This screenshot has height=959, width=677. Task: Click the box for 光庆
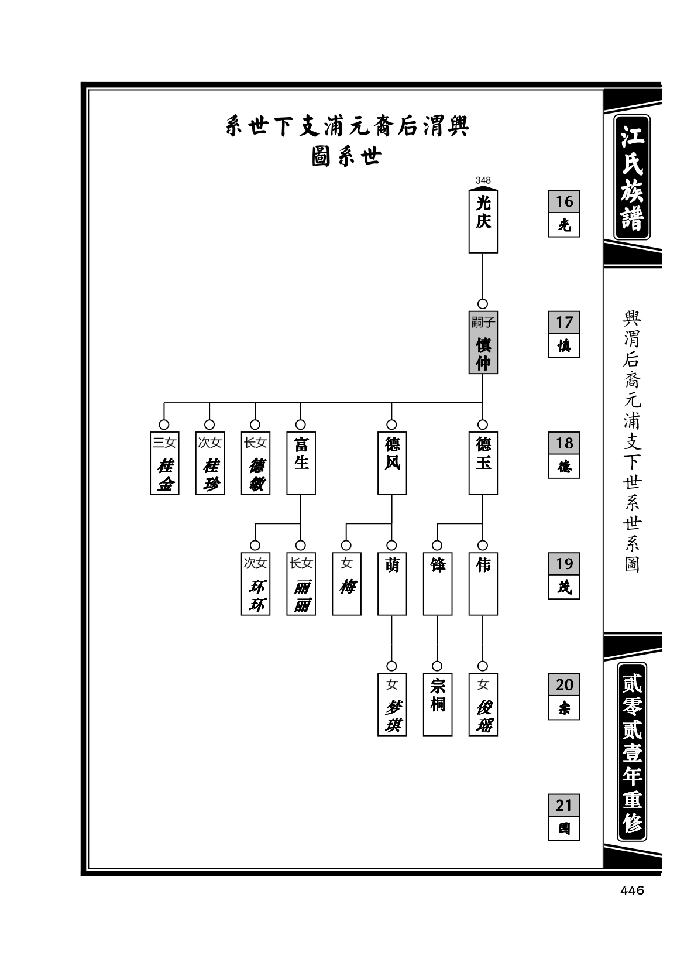[483, 221]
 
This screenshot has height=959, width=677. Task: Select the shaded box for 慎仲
[483, 342]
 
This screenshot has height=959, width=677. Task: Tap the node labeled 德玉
[483, 463]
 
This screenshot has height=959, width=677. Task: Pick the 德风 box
[392, 463]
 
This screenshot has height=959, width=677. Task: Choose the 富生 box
[301, 463]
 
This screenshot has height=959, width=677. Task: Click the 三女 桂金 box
[164, 463]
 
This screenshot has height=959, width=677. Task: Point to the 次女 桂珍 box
[209, 463]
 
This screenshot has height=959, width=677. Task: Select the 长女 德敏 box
[256, 463]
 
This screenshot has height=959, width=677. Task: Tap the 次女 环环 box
[256, 584]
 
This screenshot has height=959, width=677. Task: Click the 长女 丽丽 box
[301, 584]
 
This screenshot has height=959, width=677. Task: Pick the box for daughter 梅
[346, 584]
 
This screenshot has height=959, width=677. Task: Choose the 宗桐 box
[437, 705]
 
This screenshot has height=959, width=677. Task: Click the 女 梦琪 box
[392, 705]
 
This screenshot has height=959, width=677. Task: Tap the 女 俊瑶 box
[483, 705]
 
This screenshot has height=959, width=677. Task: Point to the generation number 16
[564, 201]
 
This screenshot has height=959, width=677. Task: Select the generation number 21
[564, 805]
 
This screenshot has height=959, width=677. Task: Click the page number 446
[632, 890]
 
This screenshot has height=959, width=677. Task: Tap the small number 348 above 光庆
[483, 180]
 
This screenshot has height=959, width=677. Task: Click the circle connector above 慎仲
[483, 304]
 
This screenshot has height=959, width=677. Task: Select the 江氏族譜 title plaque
[632, 177]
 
